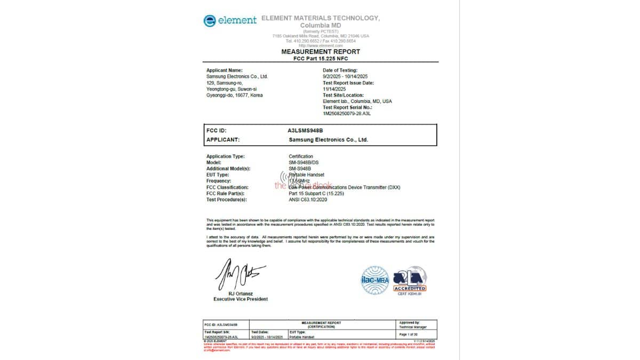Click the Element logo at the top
click(230, 20)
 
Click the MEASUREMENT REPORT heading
click(321, 52)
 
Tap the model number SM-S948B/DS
click(303, 162)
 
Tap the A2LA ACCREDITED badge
click(410, 280)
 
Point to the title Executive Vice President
click(241, 299)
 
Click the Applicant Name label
click(224, 70)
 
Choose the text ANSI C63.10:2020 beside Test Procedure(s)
click(308, 199)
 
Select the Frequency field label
click(219, 181)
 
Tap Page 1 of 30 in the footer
click(410, 334)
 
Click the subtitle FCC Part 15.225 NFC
click(321, 58)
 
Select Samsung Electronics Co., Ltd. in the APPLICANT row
click(329, 140)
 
